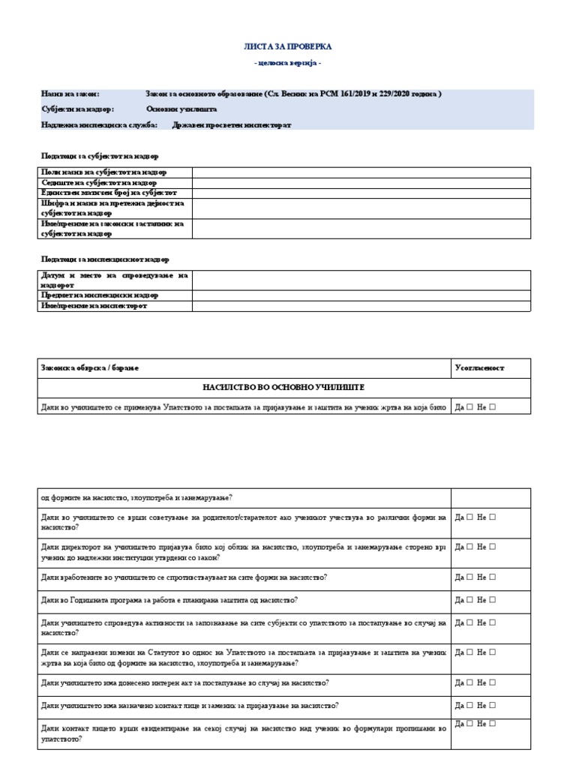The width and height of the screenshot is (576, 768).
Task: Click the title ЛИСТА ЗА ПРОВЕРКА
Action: (x=287, y=46)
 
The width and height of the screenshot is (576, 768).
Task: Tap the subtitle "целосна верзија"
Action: (x=287, y=63)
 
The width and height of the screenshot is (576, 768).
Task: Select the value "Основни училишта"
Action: (x=181, y=109)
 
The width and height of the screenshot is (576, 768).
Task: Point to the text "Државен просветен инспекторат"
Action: (x=232, y=124)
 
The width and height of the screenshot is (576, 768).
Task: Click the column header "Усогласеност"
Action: (x=480, y=368)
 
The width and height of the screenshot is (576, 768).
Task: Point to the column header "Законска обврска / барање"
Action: (x=90, y=368)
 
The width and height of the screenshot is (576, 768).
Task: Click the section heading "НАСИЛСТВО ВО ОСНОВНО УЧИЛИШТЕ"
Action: (x=283, y=387)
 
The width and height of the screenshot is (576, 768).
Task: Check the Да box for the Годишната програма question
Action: (x=470, y=600)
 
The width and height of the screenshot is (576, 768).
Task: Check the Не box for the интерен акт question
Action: (x=493, y=683)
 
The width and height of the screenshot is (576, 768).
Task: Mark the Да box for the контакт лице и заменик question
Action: (x=470, y=706)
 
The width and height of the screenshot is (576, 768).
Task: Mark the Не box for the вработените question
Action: (x=493, y=577)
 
